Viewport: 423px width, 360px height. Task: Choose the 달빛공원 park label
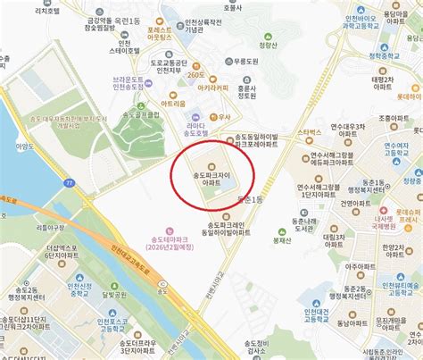[117, 300]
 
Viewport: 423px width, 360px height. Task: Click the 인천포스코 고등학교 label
[89, 322]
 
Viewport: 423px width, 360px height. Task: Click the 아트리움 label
[175, 104]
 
